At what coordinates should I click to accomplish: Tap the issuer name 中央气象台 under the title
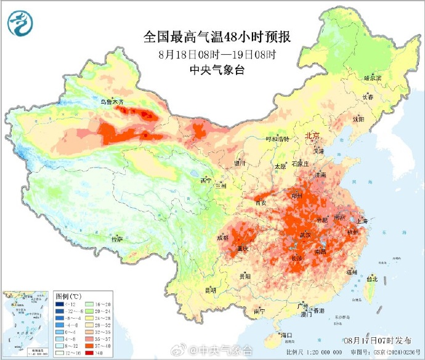coord(217,70)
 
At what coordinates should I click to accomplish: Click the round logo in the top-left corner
coord(21,23)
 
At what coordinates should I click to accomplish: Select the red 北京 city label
coord(312,136)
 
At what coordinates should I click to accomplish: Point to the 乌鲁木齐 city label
coord(112,101)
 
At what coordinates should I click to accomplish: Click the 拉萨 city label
coord(116,239)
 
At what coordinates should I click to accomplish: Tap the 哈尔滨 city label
coord(372,78)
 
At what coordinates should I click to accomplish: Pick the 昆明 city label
coord(211,290)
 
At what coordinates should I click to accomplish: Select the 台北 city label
coord(371,279)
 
